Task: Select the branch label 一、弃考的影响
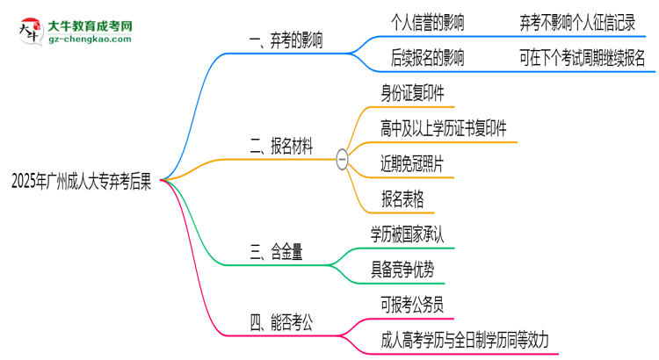tap(285, 40)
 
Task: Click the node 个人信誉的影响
tap(428, 24)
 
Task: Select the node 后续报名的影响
tap(428, 58)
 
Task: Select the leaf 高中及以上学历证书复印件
tap(444, 129)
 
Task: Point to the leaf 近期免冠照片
tap(412, 163)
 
